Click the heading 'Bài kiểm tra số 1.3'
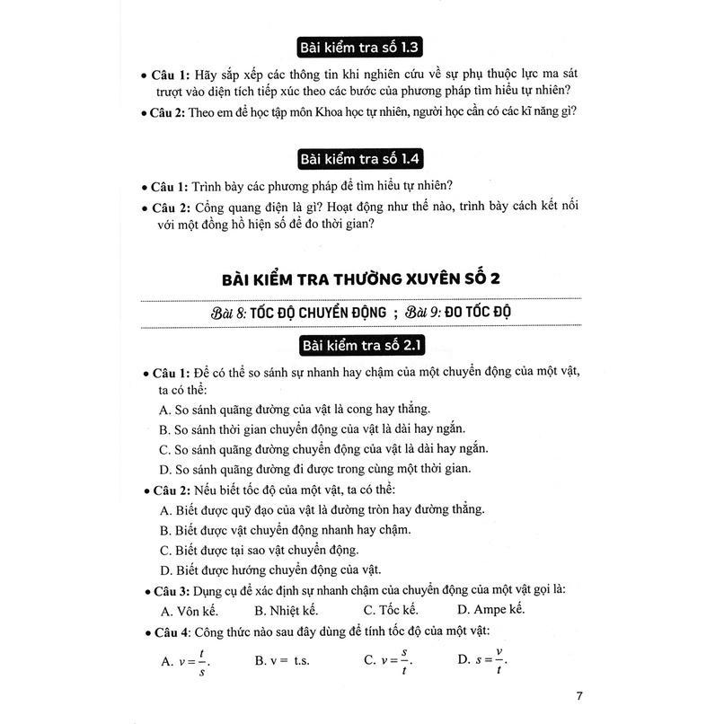coord(361,48)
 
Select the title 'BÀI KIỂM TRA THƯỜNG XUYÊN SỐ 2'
coord(361,278)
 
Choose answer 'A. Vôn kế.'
coord(191,611)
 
